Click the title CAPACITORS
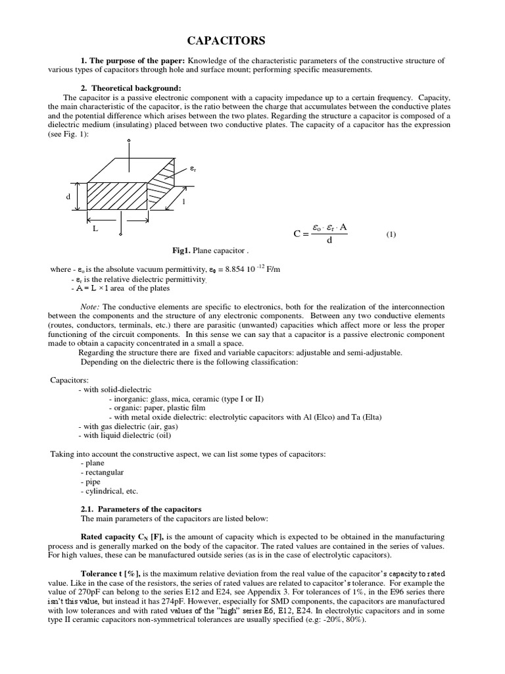(x=226, y=41)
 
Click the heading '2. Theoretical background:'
(x=131, y=88)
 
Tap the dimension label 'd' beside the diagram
(x=68, y=197)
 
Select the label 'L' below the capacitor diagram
(x=95, y=228)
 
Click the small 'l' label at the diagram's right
(x=183, y=201)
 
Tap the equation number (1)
(x=391, y=234)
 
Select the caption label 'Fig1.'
(x=181, y=251)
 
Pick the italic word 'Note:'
(x=89, y=307)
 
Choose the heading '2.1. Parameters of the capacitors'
(x=141, y=509)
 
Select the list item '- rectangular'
(x=102, y=472)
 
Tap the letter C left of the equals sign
(x=297, y=233)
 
